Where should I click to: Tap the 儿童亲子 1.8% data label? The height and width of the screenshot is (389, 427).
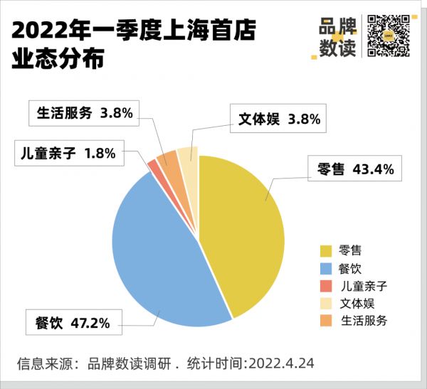point(67,153)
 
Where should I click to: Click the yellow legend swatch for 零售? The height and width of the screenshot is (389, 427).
point(326,250)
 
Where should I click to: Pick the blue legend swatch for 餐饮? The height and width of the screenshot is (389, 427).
point(326,268)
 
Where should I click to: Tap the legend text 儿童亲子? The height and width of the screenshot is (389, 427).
point(363,286)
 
